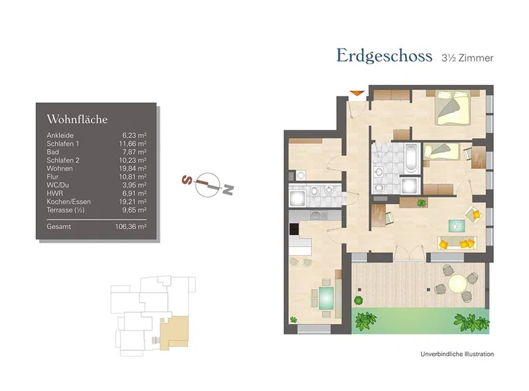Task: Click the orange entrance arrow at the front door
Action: click(356, 92)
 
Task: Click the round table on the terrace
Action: click(458, 284)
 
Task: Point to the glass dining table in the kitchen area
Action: click(324, 297)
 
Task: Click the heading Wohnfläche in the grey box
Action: click(77, 119)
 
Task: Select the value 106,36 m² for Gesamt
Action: click(131, 226)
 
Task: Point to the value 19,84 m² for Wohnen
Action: click(134, 168)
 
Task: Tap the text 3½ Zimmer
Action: click(467, 58)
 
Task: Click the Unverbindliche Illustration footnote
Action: click(457, 354)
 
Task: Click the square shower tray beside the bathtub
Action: click(408, 186)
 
